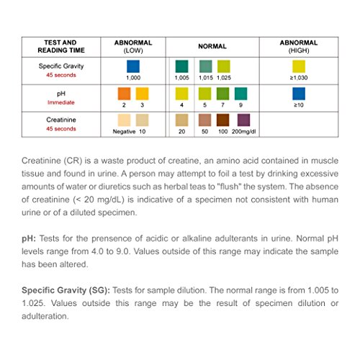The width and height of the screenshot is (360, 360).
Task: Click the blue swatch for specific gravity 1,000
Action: click(x=132, y=66)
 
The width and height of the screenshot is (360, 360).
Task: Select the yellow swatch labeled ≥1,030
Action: click(x=298, y=66)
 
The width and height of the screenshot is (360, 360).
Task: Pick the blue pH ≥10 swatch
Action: click(x=298, y=94)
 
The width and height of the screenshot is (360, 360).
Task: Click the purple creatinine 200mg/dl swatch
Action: click(x=244, y=120)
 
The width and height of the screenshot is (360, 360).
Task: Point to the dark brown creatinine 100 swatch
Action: click(x=224, y=120)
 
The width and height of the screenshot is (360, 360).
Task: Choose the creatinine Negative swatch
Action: click(x=124, y=120)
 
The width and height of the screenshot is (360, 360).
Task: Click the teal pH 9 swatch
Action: click(x=241, y=94)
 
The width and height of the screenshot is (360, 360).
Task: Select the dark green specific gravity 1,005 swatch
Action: click(x=182, y=66)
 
